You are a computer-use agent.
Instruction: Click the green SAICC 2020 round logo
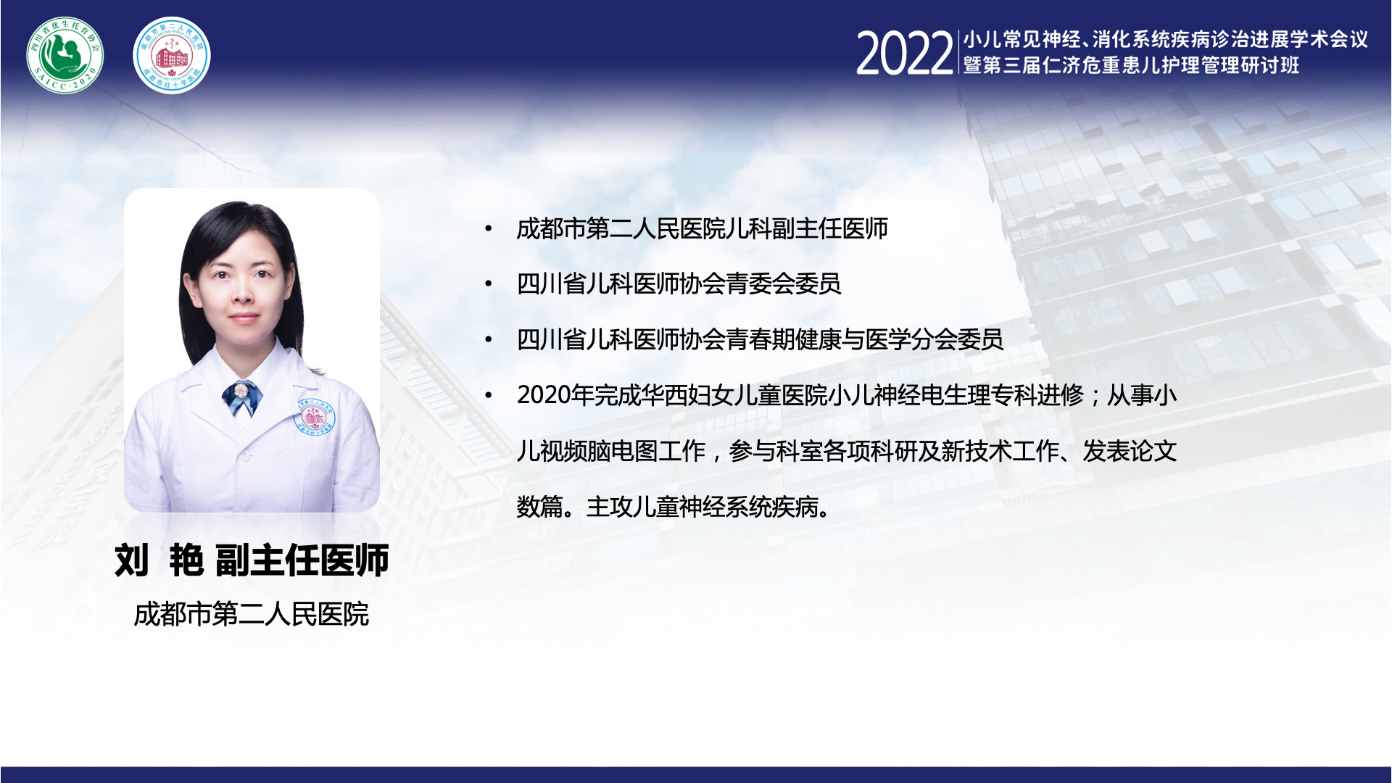(x=65, y=55)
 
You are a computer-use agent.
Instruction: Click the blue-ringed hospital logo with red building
(x=172, y=55)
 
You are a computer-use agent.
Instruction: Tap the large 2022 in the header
(x=904, y=54)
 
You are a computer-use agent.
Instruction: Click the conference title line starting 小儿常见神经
(x=1166, y=39)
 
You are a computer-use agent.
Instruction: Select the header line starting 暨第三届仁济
(x=1131, y=65)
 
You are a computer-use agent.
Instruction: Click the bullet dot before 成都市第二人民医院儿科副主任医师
(x=489, y=229)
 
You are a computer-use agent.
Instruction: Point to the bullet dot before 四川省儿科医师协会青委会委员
(x=489, y=284)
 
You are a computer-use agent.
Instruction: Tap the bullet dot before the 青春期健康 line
(x=489, y=339)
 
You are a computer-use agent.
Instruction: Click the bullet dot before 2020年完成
(x=489, y=395)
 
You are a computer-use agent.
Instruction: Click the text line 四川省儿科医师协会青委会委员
(x=679, y=284)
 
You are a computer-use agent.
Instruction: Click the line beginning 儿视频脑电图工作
(x=847, y=451)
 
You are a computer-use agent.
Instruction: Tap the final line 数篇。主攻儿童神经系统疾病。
(x=674, y=507)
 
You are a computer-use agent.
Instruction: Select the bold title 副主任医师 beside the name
(x=302, y=560)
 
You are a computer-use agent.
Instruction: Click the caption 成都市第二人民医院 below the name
(x=252, y=615)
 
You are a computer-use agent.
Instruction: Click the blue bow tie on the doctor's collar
(x=241, y=397)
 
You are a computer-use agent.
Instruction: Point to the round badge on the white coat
(x=315, y=416)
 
